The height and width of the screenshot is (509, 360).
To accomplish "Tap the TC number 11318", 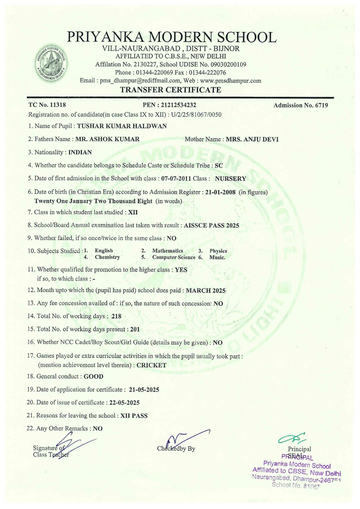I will click(58, 105).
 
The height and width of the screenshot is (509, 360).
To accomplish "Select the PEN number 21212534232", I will click(179, 105).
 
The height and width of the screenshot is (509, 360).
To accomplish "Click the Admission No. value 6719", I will click(321, 105).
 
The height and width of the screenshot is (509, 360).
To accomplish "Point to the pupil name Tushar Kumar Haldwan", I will click(122, 126).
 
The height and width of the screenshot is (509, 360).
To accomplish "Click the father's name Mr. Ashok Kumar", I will click(108, 139).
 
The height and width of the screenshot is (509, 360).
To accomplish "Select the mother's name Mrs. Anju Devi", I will click(252, 139).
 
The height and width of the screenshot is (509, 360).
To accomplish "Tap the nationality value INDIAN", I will click(80, 152).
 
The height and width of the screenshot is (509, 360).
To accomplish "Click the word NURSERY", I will click(231, 179).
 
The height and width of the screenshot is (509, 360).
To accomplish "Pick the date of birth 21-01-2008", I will click(220, 192).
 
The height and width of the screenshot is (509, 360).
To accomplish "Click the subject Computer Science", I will click(174, 257).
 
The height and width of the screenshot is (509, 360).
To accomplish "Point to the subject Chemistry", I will click(107, 257).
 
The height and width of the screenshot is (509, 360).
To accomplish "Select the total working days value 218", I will click(116, 316).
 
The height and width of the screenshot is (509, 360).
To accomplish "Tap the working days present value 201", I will click(135, 329).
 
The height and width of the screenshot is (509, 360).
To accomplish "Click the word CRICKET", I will click(152, 365).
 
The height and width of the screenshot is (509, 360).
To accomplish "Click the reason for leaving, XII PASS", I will click(134, 416).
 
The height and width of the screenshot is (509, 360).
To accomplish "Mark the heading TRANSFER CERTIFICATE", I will click(171, 90).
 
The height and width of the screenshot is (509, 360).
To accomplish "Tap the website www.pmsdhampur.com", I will click(231, 80).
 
